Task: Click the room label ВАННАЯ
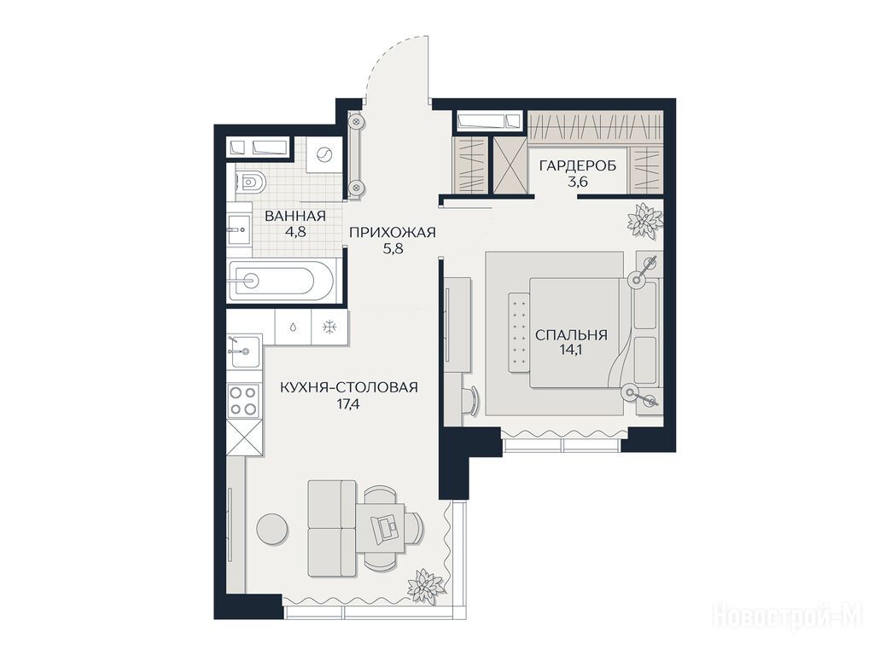click(x=295, y=216)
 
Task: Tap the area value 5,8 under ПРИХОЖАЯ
click(x=393, y=249)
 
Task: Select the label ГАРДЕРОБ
click(x=578, y=165)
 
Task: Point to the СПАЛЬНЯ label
click(x=571, y=334)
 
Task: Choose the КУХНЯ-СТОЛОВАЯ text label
click(x=349, y=387)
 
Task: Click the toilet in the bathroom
click(x=250, y=181)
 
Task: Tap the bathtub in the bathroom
click(x=283, y=281)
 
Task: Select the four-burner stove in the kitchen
click(x=244, y=401)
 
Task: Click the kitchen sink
click(x=245, y=351)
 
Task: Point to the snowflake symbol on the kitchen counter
click(x=330, y=327)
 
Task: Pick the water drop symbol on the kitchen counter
click(x=294, y=327)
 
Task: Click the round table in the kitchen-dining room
click(x=272, y=529)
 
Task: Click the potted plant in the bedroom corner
click(x=645, y=219)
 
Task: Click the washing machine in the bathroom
click(x=323, y=154)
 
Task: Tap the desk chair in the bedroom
click(x=471, y=401)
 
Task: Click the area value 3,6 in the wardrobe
click(x=578, y=182)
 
